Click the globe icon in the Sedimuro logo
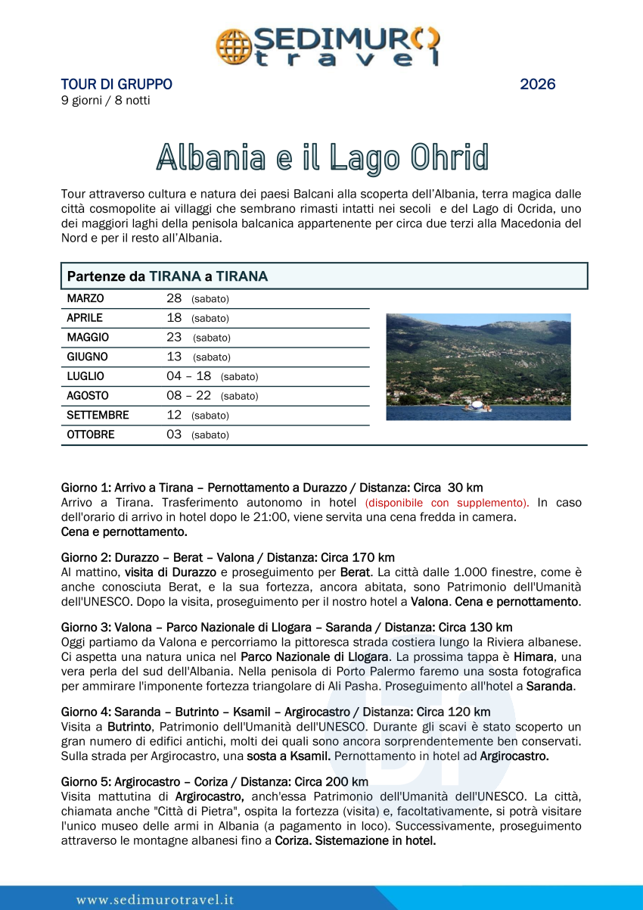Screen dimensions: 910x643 click(231, 46)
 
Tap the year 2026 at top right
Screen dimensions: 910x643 click(537, 85)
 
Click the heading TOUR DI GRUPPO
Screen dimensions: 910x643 click(116, 85)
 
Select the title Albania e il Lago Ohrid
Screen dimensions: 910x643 click(322, 156)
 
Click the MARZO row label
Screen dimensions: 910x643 click(85, 299)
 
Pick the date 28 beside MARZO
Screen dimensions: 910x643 click(174, 299)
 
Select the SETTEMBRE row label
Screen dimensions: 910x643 click(98, 416)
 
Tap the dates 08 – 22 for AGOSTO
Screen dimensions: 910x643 click(188, 396)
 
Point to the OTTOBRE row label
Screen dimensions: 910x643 click(91, 435)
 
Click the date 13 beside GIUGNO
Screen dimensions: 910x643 click(174, 357)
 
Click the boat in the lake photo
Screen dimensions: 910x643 click(477, 407)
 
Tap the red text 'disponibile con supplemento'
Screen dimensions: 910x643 click(446, 503)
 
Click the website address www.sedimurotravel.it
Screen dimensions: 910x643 click(155, 900)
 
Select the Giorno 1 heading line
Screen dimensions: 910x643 click(272, 488)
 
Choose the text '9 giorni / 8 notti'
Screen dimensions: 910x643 click(105, 101)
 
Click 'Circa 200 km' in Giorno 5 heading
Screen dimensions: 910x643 click(334, 782)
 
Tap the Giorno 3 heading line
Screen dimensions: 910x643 click(287, 628)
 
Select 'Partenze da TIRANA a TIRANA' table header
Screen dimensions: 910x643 click(167, 276)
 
